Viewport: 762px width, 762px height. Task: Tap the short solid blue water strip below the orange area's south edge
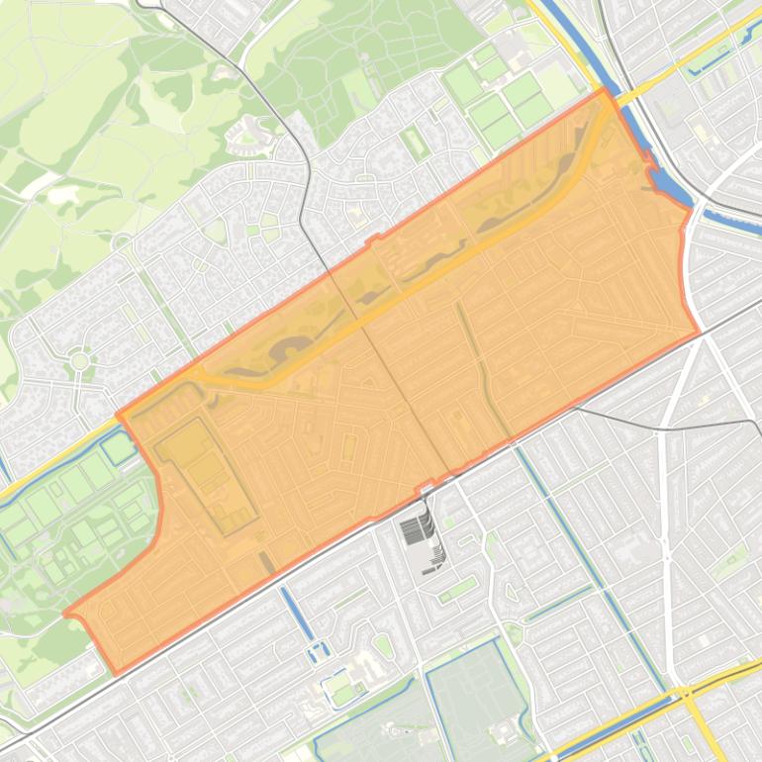point(296,612)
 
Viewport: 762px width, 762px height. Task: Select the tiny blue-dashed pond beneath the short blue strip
point(317,650)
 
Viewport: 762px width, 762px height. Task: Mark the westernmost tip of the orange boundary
point(65,614)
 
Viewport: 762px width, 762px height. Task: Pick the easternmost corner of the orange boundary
point(699,333)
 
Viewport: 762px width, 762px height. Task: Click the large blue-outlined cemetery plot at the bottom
point(476,693)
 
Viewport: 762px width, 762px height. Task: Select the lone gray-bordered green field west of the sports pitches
point(415,143)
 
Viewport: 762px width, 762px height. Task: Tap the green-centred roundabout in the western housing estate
point(79,361)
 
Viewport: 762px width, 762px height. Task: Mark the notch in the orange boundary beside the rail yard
point(427,485)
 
